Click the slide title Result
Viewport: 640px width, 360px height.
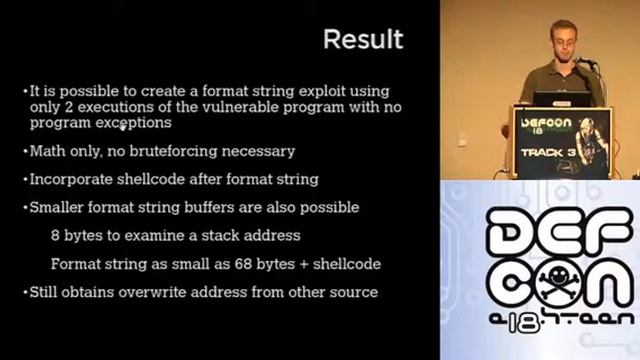click(x=363, y=39)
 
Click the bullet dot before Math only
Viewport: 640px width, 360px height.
click(x=25, y=152)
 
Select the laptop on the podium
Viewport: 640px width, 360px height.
click(x=560, y=99)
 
